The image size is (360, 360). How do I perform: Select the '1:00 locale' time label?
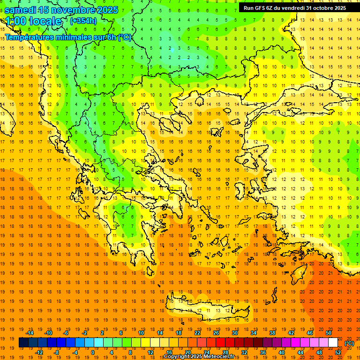33,21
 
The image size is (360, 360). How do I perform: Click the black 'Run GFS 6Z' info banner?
295,7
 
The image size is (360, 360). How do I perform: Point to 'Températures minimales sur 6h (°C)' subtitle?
68,37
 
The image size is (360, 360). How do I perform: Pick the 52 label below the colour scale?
338,352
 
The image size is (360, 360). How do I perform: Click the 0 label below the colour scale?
93,352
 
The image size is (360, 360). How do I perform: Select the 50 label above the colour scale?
329,333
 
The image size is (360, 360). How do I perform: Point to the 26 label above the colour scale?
216,333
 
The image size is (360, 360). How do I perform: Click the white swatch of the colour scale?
333,343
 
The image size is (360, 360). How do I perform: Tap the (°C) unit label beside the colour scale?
349,343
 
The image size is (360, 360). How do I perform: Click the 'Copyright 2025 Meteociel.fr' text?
199,357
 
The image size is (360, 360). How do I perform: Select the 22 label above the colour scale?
197,333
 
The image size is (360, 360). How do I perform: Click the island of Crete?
206,307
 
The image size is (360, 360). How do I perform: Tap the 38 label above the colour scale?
272,333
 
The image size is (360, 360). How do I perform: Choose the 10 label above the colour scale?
141,333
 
